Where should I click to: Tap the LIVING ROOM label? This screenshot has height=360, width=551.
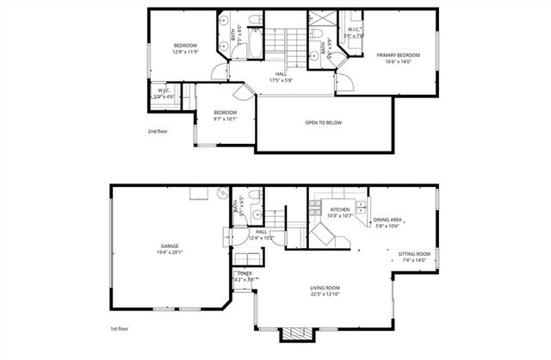click(325, 288)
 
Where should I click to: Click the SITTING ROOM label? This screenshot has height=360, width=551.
click(413, 254)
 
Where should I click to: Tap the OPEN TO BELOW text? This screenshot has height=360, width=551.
click(323, 122)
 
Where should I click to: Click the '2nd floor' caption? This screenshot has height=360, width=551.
click(157, 132)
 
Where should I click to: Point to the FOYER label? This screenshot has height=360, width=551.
click(245, 273)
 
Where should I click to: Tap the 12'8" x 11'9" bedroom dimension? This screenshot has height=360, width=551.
click(185, 52)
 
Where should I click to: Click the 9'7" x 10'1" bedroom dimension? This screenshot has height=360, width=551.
click(225, 120)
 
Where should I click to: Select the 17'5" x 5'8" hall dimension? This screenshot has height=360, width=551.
click(281, 81)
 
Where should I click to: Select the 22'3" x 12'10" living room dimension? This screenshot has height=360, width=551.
click(325, 295)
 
